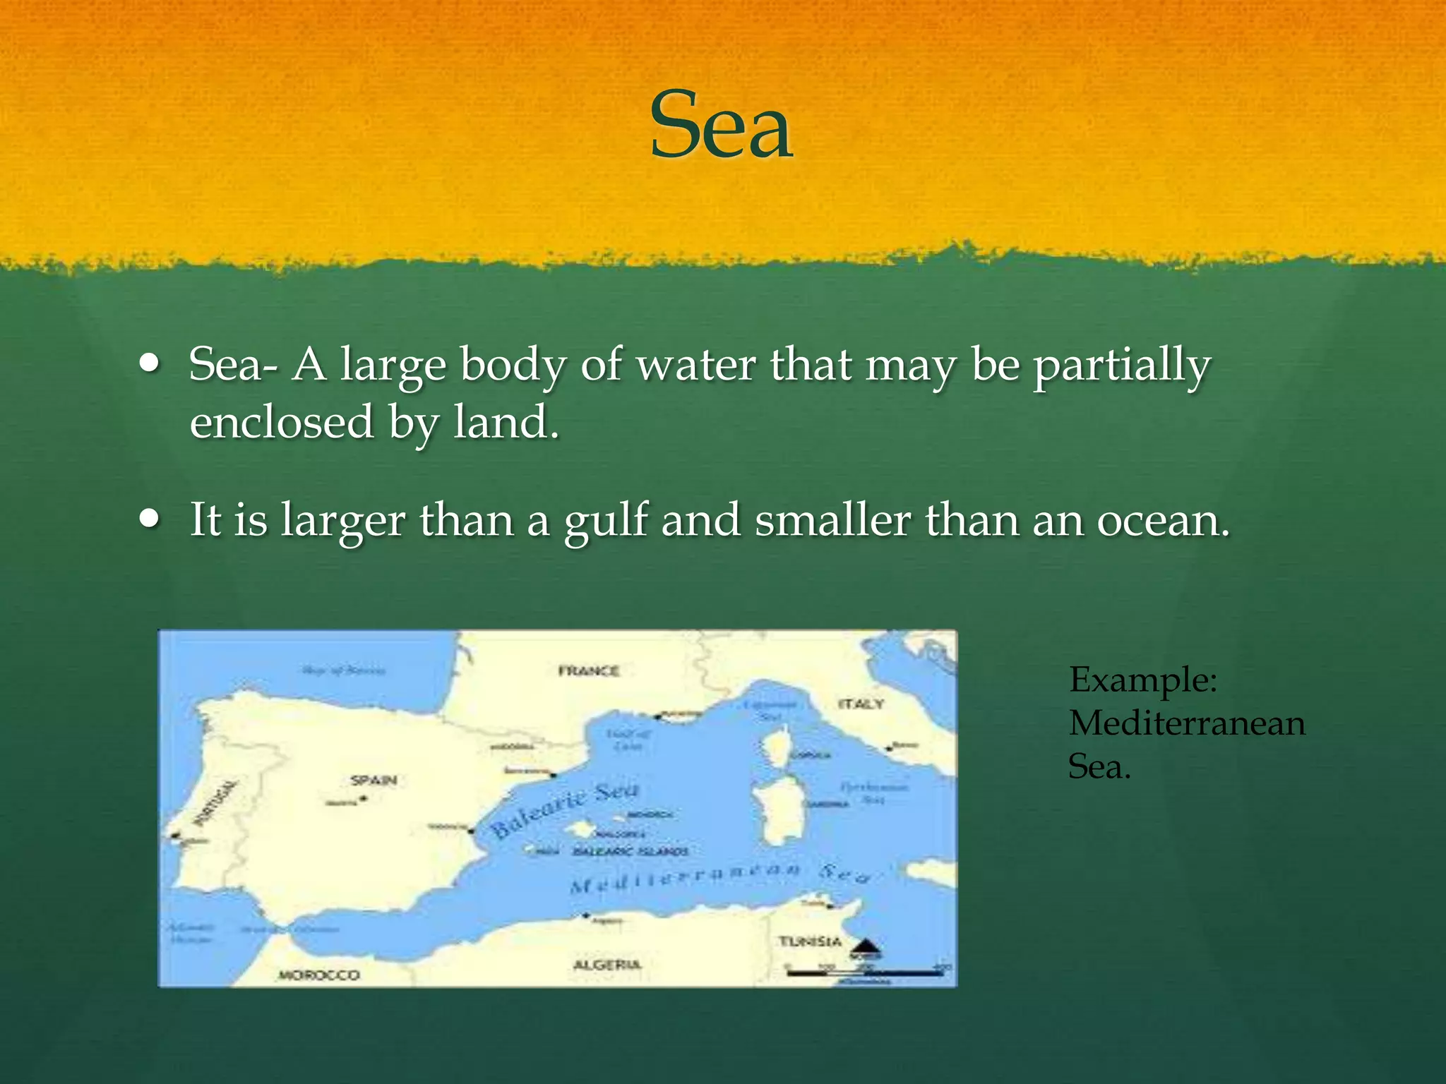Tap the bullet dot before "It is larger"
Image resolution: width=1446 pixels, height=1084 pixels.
150,519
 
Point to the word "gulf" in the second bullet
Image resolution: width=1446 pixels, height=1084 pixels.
606,521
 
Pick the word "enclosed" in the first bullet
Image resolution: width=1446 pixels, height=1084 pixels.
281,422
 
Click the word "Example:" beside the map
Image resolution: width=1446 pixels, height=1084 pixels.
1143,680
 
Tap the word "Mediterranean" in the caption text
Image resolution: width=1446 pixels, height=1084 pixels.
1187,723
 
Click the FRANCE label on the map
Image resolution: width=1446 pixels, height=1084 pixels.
589,671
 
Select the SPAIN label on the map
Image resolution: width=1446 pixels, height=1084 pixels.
374,781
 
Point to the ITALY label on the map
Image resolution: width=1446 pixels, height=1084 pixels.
861,704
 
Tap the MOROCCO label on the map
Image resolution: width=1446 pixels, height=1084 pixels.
319,975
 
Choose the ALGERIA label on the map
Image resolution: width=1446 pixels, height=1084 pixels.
607,965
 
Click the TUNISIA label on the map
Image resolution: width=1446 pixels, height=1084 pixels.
810,941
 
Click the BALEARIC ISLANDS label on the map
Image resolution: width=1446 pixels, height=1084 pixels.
631,852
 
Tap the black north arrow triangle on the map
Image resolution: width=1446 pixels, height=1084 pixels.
865,946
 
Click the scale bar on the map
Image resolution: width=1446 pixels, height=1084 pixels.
865,973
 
